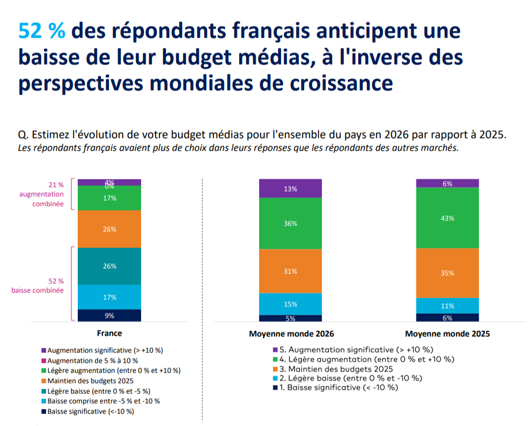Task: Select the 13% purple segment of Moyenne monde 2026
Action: click(290, 189)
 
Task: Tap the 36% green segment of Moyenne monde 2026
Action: click(290, 223)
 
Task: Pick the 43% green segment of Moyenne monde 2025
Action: click(447, 218)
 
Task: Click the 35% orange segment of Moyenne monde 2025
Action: click(447, 273)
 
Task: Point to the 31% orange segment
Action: click(290, 271)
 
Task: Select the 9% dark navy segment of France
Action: click(109, 315)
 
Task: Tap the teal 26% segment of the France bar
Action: click(109, 266)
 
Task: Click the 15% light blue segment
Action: click(290, 304)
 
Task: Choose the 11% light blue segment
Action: click(447, 306)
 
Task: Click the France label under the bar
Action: click(109, 333)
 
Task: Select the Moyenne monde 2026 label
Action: click(291, 334)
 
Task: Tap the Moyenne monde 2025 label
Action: click(447, 334)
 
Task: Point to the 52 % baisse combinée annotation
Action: click(37, 285)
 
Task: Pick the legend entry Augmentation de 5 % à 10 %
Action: click(92, 360)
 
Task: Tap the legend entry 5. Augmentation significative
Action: click(355, 349)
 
